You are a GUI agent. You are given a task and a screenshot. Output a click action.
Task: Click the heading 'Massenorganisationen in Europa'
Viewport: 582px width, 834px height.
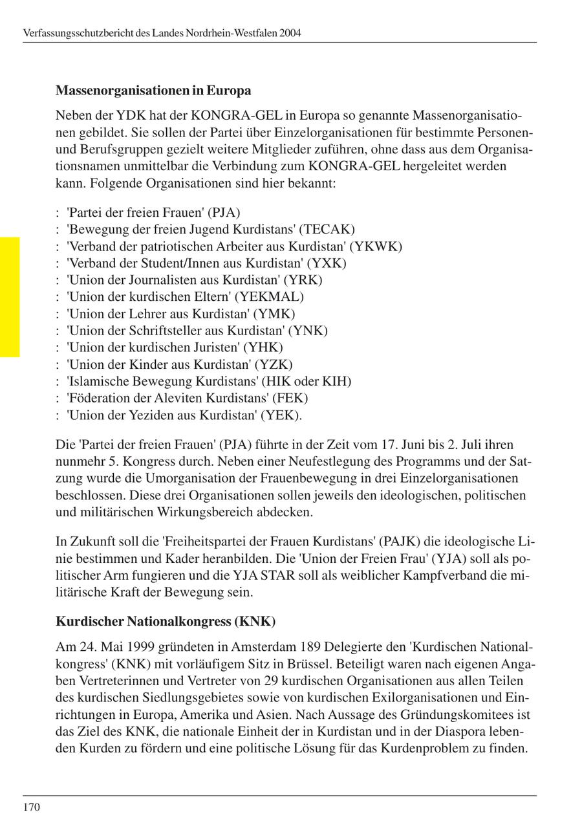(x=153, y=90)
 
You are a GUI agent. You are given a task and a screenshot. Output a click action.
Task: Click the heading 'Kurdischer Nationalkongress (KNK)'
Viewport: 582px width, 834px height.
(x=166, y=621)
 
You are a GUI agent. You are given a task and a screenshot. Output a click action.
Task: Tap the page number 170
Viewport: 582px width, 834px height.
(x=31, y=807)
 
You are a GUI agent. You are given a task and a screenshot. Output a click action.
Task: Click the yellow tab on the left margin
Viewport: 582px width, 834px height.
(x=10, y=297)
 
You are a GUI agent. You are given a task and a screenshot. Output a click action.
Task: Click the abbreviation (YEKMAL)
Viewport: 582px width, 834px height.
(x=269, y=296)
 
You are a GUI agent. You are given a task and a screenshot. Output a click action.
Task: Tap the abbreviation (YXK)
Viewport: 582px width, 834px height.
(x=327, y=263)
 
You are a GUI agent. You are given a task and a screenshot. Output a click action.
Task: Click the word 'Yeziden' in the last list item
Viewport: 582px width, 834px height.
(x=140, y=415)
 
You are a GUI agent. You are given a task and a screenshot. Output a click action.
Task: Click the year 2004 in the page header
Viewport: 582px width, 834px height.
(x=290, y=32)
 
